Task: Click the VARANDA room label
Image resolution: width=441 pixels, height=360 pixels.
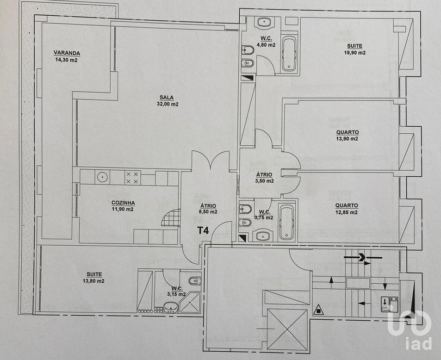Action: pos(67,53)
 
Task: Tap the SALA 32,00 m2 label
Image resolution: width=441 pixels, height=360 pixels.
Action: pos(168,101)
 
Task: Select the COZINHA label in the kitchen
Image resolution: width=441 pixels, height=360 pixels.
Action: pos(123,203)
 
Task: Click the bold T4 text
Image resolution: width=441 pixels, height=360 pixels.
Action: pos(203,230)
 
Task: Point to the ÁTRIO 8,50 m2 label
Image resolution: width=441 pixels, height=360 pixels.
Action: pos(208,209)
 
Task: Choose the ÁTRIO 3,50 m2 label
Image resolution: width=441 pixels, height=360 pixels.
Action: pos(264,178)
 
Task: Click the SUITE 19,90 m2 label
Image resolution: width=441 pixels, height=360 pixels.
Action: pos(354,49)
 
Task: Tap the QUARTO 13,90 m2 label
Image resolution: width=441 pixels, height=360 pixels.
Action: pos(348,135)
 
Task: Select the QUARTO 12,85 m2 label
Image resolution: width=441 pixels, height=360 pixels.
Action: pos(347,209)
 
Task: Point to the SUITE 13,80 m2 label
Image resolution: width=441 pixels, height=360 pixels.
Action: pos(94,278)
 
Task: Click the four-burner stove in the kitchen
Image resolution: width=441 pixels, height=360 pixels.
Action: pos(133,178)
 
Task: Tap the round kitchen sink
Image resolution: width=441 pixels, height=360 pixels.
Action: pos(102,177)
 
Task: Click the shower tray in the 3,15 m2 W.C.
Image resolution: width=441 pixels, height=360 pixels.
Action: pos(190,302)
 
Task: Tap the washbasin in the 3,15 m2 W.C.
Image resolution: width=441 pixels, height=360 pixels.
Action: pos(170,307)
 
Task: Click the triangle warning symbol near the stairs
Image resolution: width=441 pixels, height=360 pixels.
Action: pos(318,310)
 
